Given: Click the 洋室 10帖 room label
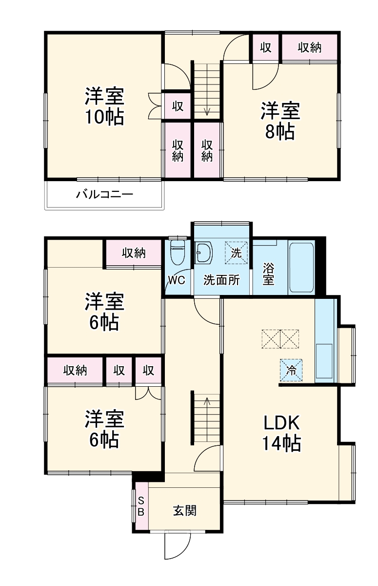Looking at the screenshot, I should (104, 106).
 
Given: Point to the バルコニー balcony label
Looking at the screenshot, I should (104, 195).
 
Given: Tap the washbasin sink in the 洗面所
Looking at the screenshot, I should (204, 253).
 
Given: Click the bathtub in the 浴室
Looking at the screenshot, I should (302, 267).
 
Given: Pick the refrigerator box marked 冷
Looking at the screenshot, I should (291, 370).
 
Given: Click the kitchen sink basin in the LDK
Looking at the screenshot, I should (324, 361).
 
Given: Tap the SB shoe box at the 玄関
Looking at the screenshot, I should (141, 506).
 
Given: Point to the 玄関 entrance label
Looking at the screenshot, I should (185, 511).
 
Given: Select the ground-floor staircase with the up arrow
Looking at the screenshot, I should (207, 418).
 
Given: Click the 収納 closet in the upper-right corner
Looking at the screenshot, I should (310, 47).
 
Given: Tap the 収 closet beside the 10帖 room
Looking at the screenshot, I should (177, 105).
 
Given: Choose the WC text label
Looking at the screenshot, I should (176, 280).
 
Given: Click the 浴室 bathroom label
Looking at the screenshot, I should (268, 273).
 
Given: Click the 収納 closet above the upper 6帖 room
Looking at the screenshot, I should (133, 253).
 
